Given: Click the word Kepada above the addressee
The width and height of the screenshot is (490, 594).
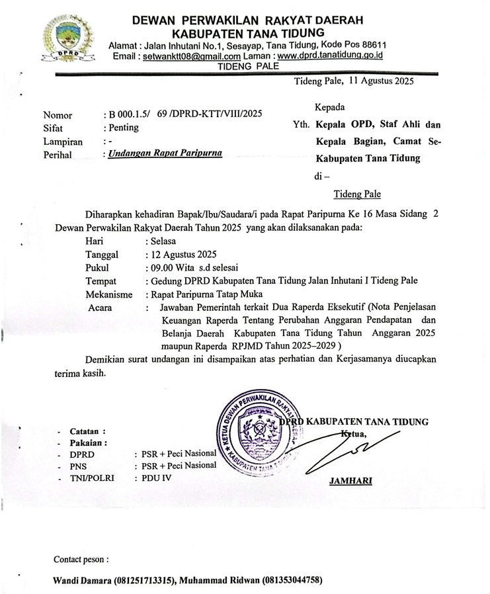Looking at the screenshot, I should [x=329, y=107].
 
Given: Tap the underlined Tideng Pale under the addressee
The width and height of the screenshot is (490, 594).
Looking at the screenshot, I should [x=357, y=194].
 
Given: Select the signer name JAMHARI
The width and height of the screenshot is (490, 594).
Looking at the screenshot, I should [x=352, y=481].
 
